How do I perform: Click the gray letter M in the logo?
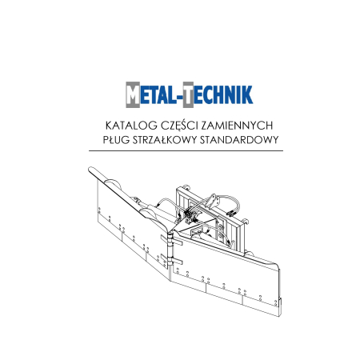(x=133, y=94)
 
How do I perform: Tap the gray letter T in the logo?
(x=188, y=94)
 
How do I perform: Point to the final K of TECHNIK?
(x=248, y=94)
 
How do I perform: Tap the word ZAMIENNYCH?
(x=237, y=126)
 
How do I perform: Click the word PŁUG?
(x=116, y=140)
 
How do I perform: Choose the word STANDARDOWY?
(x=239, y=140)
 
